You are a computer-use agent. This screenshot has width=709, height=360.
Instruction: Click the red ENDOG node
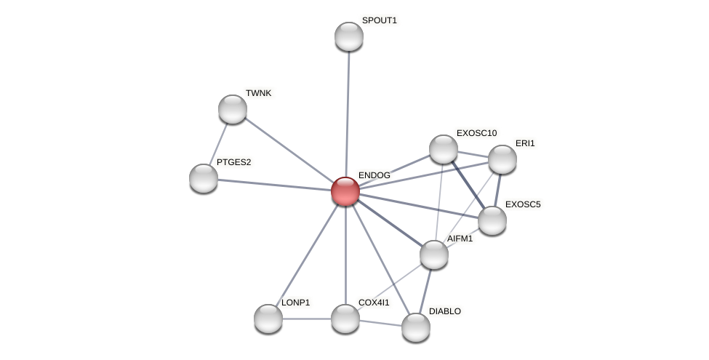point(345,191)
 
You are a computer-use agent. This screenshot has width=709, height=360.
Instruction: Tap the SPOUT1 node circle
point(349,36)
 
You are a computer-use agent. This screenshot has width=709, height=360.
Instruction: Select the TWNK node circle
point(233,109)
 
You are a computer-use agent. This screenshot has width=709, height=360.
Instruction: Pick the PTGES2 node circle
point(204,178)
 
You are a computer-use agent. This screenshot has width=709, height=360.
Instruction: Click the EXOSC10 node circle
point(444,149)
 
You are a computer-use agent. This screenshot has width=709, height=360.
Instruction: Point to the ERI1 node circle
point(502,159)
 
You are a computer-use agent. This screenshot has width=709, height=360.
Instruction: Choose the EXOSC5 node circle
point(492,220)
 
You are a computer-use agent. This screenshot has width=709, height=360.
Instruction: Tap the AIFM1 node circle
point(434,255)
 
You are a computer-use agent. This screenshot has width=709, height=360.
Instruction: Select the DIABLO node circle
point(416,327)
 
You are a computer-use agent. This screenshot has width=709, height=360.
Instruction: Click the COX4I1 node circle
point(345,319)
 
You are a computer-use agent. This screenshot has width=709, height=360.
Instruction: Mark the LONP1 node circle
point(268,319)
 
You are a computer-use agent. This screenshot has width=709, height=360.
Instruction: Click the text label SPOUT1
point(379,20)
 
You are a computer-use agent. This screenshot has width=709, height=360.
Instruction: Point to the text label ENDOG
point(374,175)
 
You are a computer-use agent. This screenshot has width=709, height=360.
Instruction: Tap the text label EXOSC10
point(476,133)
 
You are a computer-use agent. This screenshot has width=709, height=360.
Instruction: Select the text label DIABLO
point(444,311)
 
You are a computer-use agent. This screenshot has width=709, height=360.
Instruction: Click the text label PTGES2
point(233,162)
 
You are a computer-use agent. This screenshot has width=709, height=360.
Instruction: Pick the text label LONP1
point(295,303)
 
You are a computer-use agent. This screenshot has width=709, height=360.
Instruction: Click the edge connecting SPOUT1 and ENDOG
point(348,109)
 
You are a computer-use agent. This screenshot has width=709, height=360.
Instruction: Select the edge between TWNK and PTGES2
point(219,143)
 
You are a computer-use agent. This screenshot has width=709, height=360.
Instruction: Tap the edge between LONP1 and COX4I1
point(307,319)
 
